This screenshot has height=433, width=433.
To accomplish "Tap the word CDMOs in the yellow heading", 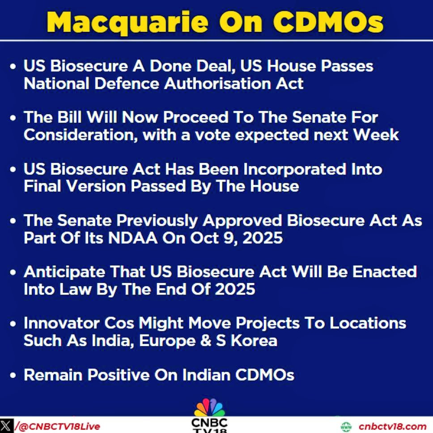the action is pyautogui.click(x=328, y=22).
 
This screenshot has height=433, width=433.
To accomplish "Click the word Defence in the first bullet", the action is pyautogui.click(x=127, y=83).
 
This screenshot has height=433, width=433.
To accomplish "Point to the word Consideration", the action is pyautogui.click(x=81, y=135).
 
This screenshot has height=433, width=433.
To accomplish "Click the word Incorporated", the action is pyautogui.click(x=295, y=169).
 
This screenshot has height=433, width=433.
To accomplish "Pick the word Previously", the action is pyautogui.click(x=157, y=221).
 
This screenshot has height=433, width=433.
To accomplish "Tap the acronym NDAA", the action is pyautogui.click(x=132, y=238).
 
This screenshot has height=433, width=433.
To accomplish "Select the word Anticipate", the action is pyautogui.click(x=64, y=272).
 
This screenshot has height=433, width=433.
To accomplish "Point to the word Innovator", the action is pyautogui.click(x=62, y=323).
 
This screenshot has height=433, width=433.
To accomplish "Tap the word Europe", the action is pyautogui.click(x=168, y=341).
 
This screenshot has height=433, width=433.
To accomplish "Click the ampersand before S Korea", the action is pyautogui.click(x=206, y=340).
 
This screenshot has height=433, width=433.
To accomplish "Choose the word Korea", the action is pyautogui.click(x=254, y=340).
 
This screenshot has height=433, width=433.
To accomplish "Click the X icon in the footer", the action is pyautogui.click(x=6, y=426).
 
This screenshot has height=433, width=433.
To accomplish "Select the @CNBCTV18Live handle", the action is pyautogui.click(x=57, y=426).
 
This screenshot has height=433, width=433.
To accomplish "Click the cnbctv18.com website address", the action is pyautogui.click(x=393, y=426).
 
